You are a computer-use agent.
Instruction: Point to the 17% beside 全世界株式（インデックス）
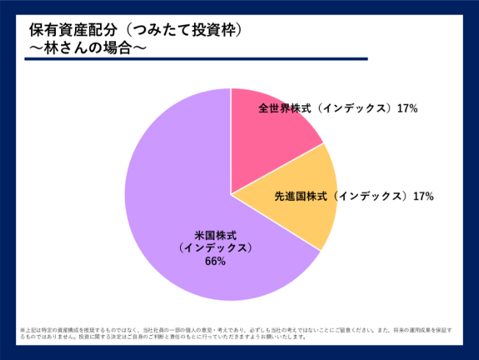pos(407,108)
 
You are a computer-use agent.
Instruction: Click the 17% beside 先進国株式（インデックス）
pos(423,196)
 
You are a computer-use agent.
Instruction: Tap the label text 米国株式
pos(215,235)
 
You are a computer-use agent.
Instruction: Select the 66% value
pos(215,262)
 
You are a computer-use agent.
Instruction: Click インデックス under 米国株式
pos(215,248)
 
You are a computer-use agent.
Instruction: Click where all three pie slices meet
pos(231,194)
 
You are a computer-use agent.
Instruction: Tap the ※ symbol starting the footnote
pos(22,330)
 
